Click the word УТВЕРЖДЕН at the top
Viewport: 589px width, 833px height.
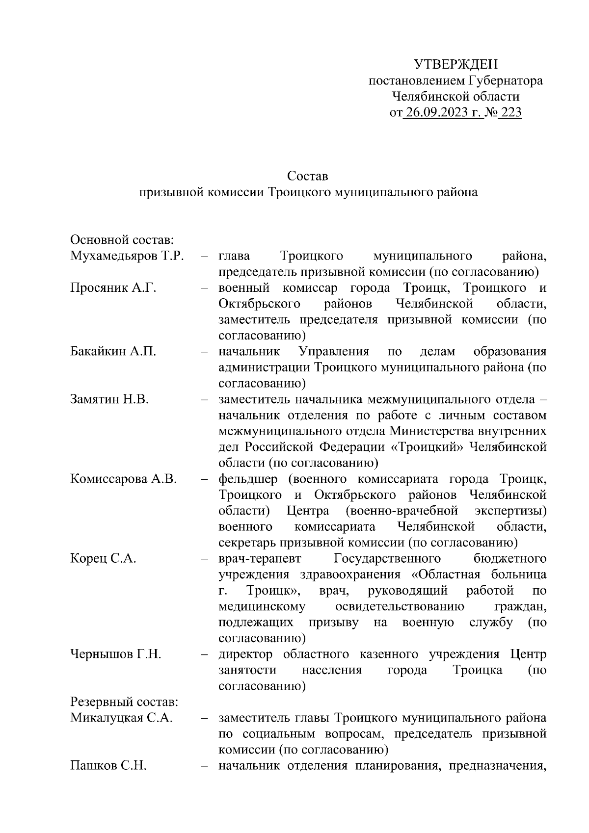(x=455, y=64)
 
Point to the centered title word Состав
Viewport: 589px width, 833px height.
(x=308, y=176)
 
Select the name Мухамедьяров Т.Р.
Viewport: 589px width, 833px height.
(x=127, y=256)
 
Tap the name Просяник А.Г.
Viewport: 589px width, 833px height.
(x=113, y=288)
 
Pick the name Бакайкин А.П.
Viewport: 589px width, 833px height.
(x=113, y=352)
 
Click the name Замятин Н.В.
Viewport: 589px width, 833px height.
(x=109, y=399)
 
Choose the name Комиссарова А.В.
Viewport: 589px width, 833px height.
(x=124, y=479)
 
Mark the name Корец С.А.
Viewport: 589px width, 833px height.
(x=103, y=559)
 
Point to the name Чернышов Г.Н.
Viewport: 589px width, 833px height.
(x=116, y=654)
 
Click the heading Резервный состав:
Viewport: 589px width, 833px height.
(x=124, y=702)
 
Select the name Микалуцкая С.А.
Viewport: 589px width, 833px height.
(x=122, y=718)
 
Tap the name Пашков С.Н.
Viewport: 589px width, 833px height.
(x=108, y=766)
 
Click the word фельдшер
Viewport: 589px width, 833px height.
(x=248, y=479)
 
